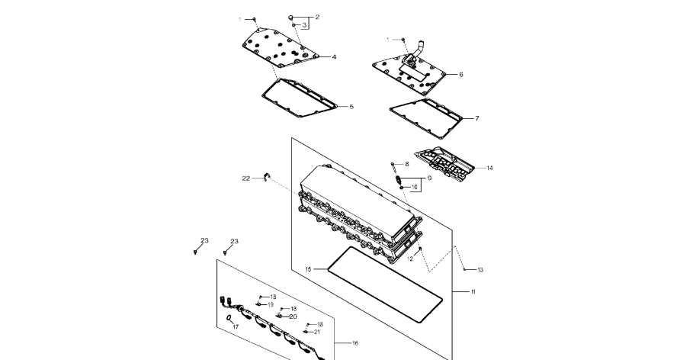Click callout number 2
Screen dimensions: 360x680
pos(317,17)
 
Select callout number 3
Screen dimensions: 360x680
pos(304,25)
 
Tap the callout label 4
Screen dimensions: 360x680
pos(334,56)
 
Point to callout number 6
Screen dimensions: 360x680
pos(461,75)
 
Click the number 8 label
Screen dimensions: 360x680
pos(406,164)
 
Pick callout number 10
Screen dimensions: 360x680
pos(415,187)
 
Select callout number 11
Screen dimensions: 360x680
pos(473,292)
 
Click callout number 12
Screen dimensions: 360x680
pos(410,259)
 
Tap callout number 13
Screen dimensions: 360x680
pos(480,270)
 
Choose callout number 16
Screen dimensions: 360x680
pos(354,343)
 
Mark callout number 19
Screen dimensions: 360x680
pos(270,304)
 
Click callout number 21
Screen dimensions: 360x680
pos(317,332)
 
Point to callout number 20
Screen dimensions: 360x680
pos(293,317)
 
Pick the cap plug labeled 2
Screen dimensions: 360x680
pos(291,17)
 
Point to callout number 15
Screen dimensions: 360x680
pos(308,269)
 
